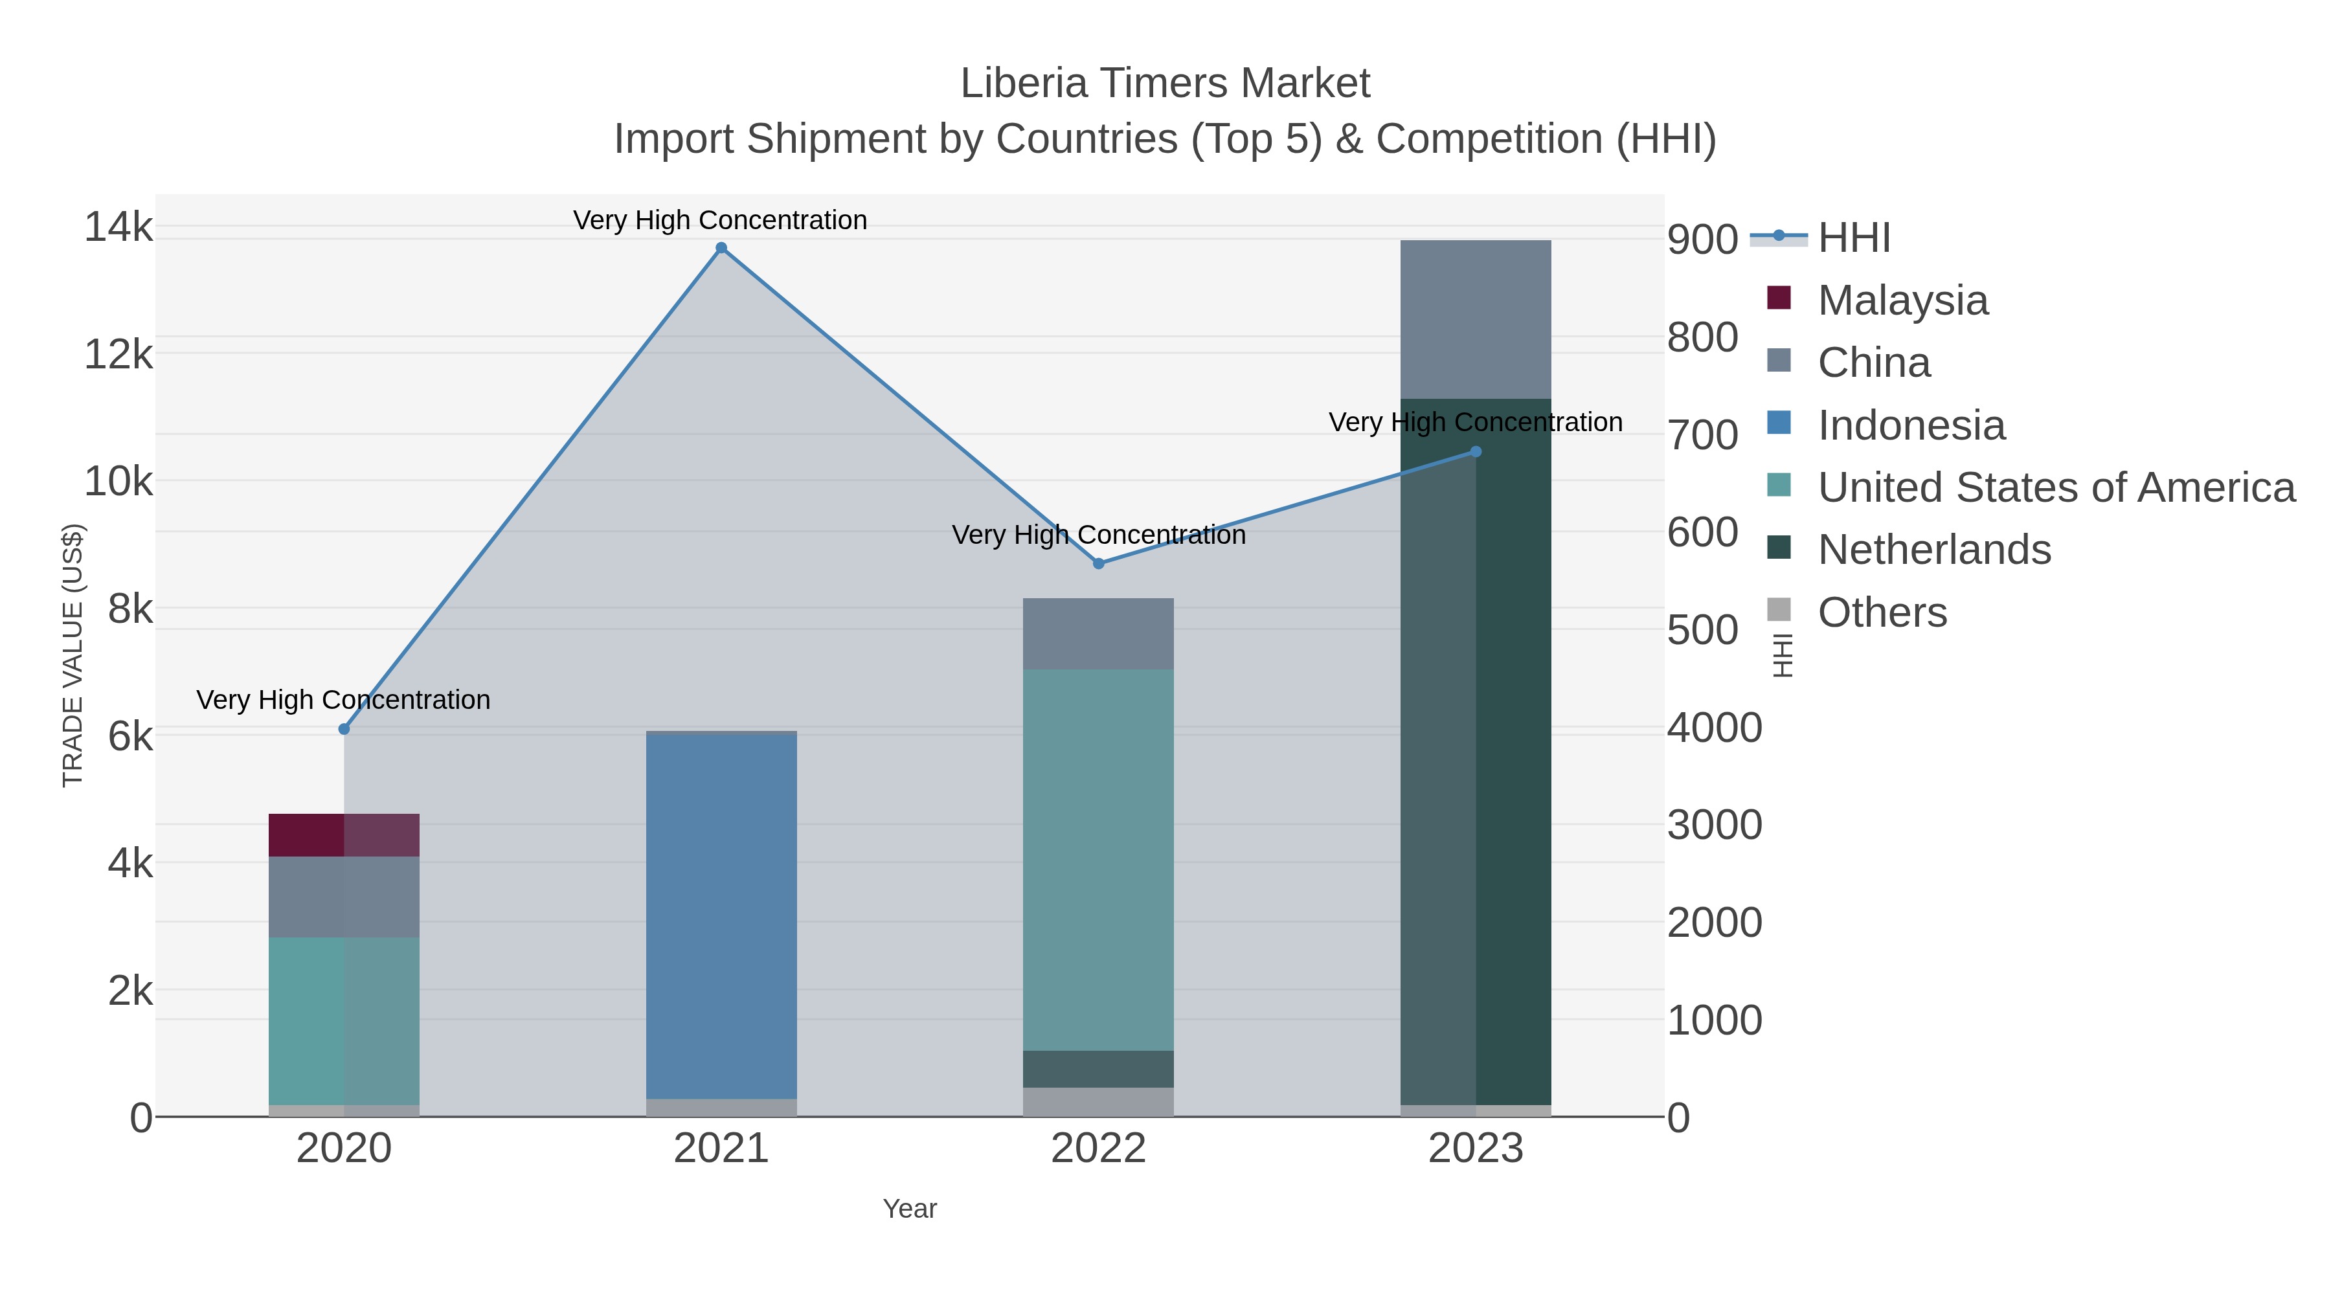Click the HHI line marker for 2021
[x=721, y=248]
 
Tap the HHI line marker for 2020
[x=344, y=729]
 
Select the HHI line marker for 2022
[x=1099, y=564]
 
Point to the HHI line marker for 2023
[x=1476, y=451]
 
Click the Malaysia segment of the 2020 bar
[x=344, y=835]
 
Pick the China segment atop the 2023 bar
[x=1476, y=319]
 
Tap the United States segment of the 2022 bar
[x=1099, y=860]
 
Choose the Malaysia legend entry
[x=1902, y=300]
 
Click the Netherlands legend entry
[x=1933, y=550]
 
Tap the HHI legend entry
[x=1853, y=238]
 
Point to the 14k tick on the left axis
[x=118, y=226]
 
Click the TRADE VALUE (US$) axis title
[x=73, y=655]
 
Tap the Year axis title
[x=910, y=1209]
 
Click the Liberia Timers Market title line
[x=1165, y=84]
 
